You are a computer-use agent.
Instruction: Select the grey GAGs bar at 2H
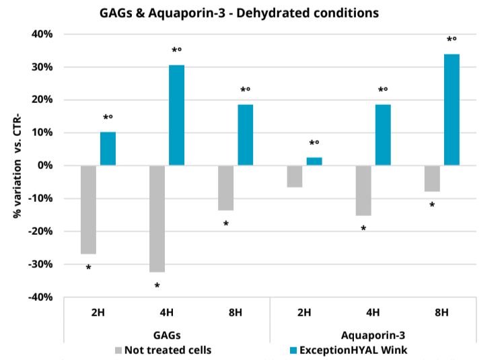point(88,209)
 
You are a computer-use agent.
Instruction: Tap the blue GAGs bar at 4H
point(177,115)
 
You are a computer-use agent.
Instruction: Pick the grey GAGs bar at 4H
point(157,219)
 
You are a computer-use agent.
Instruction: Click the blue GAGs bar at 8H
point(246,135)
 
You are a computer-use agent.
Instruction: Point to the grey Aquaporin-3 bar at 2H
point(295,176)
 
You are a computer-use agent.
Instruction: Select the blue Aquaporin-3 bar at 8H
point(452,110)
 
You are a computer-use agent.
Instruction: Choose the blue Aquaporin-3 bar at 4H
point(383,135)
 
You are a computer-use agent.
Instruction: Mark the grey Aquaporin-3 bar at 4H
point(363,190)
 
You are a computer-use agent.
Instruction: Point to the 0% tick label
point(46,166)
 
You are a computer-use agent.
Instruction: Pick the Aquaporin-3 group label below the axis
point(373,334)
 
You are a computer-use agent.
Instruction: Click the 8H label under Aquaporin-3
point(442,313)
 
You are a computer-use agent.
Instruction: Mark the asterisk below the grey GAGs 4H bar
point(157,287)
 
